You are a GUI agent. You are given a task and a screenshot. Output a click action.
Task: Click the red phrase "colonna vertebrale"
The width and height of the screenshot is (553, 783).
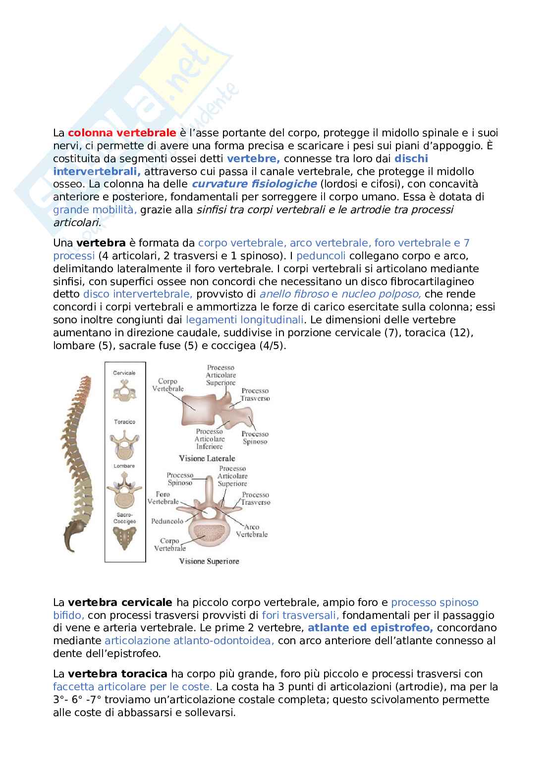tap(122, 133)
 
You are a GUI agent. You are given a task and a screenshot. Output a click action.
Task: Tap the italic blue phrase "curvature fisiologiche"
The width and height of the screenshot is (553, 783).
tap(254, 184)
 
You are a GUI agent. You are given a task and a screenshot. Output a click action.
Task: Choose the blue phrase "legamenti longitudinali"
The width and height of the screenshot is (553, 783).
tap(246, 319)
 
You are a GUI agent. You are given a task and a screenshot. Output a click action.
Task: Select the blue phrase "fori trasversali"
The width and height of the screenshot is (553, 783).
tap(300, 615)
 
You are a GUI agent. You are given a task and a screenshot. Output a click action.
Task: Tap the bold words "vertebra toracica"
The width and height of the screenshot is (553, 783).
tap(117, 674)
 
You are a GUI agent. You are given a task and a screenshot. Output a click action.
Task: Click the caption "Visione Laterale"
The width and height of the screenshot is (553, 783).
tap(207, 458)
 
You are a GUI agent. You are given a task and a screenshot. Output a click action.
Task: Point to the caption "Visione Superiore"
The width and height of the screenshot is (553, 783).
tap(209, 561)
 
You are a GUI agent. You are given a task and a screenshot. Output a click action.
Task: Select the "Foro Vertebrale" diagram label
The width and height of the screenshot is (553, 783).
tap(164, 498)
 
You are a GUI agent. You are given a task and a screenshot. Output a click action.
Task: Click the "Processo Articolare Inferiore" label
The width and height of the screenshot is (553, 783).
tap(209, 439)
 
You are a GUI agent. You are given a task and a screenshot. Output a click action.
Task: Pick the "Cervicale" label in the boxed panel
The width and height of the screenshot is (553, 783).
tap(124, 372)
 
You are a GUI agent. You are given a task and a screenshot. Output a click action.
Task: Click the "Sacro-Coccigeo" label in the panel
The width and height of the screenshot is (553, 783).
tap(124, 519)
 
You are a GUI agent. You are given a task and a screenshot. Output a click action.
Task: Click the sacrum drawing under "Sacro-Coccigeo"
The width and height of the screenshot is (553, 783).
tap(124, 538)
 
